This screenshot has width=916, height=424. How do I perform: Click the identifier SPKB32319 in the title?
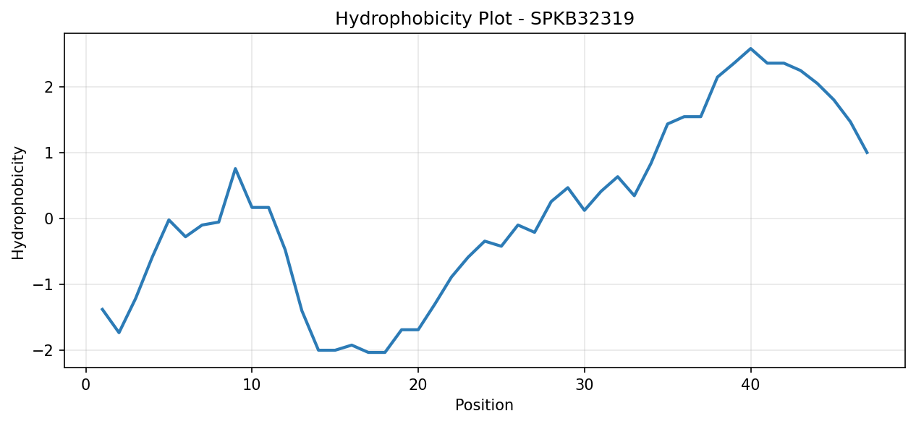click(x=582, y=19)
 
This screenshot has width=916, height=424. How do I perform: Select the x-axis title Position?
click(x=484, y=404)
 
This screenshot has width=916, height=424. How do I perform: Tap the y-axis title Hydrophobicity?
click(x=18, y=203)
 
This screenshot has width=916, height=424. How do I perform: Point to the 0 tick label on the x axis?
click(x=86, y=385)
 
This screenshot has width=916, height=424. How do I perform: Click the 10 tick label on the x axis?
click(x=252, y=385)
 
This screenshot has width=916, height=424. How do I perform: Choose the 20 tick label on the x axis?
click(x=418, y=385)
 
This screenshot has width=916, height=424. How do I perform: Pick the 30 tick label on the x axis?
click(x=585, y=385)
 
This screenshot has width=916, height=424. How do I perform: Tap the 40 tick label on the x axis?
click(x=750, y=385)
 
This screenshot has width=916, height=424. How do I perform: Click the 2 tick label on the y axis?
click(x=48, y=87)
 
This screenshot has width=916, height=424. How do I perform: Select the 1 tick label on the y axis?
click(x=48, y=153)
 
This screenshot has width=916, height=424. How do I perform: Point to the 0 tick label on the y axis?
click(x=48, y=219)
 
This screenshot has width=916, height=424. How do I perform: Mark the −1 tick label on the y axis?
click(x=43, y=284)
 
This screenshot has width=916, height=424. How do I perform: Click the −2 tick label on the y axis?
click(x=43, y=350)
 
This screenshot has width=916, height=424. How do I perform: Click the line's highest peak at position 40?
click(x=750, y=48)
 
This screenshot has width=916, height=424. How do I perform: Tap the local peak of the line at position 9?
click(x=235, y=169)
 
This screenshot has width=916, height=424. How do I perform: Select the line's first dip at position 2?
click(x=119, y=332)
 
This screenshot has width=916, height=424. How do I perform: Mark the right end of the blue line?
click(x=867, y=153)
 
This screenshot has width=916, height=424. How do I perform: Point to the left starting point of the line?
click(x=102, y=309)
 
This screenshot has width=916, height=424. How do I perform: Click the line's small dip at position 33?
click(x=635, y=196)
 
